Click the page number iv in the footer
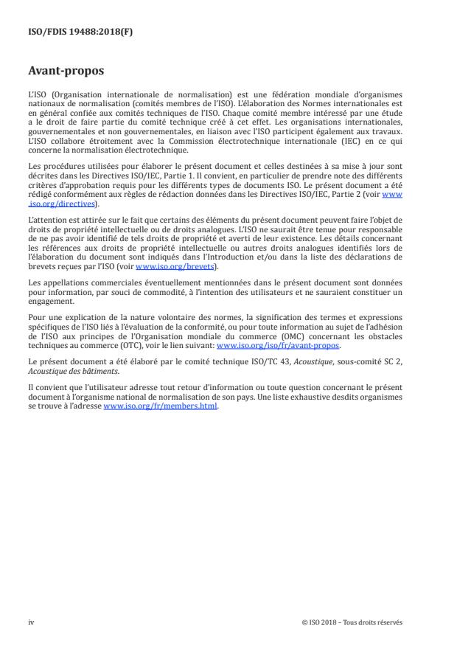31,622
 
